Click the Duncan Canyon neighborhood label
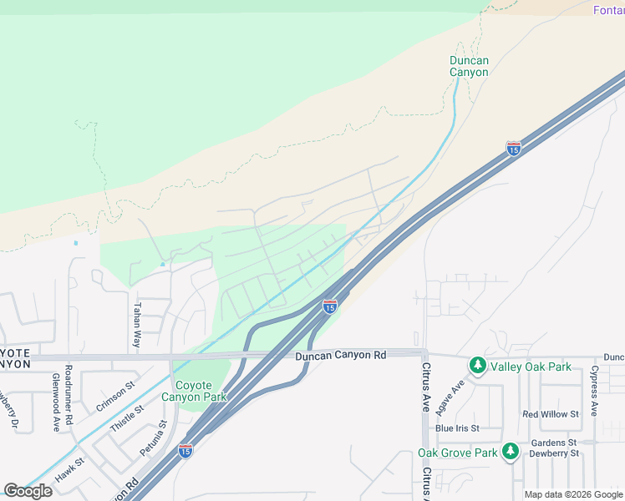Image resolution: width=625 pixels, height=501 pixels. (469, 66)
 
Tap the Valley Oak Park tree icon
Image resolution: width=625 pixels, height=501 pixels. (477, 365)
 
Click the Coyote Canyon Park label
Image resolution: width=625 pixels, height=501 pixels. (201, 391)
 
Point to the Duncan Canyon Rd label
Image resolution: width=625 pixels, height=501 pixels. (341, 355)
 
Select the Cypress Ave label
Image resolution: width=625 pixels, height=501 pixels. (594, 391)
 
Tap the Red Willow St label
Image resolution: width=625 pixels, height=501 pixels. (550, 414)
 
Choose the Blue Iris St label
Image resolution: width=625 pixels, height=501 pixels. (456, 428)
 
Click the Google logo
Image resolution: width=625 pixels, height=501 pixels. (28, 491)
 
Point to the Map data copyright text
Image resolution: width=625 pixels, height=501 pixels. (573, 494)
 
